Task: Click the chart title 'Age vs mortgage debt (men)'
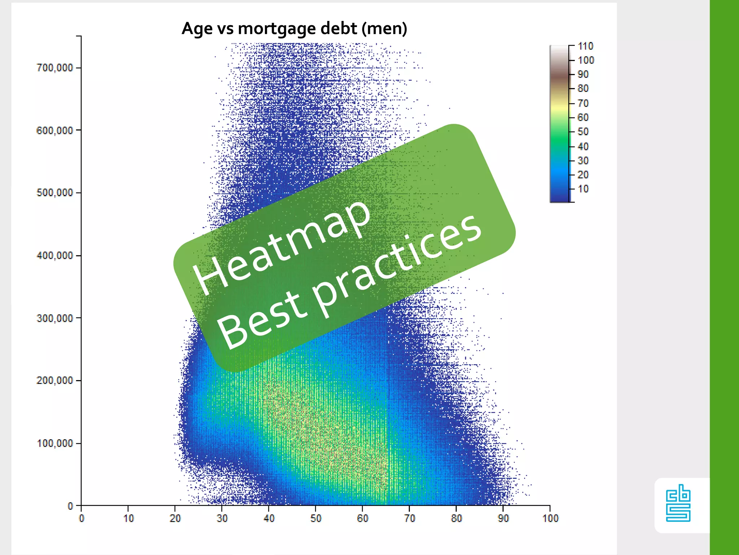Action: pos(294,28)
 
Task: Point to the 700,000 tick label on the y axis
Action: pos(54,68)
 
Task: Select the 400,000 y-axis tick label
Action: pos(54,255)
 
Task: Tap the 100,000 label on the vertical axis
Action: pos(54,443)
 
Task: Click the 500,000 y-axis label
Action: pos(54,193)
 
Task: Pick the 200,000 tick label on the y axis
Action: pos(54,380)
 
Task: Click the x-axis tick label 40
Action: pos(269,519)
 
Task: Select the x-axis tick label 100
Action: pos(550,519)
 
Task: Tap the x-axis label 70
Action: pos(410,519)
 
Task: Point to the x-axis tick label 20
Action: pos(175,519)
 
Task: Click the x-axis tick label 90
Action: pos(503,519)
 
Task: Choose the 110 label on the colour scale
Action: pos(585,46)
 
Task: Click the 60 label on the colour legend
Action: pos(583,117)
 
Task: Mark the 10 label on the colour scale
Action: pos(583,189)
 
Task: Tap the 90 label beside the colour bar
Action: pos(583,74)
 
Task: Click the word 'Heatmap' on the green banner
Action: pos(281,246)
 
